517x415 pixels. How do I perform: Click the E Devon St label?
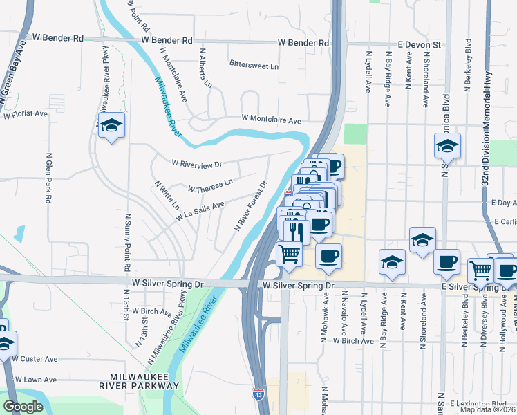coord(419,44)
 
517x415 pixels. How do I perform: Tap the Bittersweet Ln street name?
coord(254,66)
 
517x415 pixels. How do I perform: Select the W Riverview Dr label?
coord(197,164)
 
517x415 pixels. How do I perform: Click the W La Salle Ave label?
coord(200,210)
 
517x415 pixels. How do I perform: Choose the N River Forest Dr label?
coord(252,206)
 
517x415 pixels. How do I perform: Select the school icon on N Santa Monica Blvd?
coord(447,147)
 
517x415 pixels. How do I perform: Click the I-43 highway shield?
coord(257,394)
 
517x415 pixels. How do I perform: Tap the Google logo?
coord(23,406)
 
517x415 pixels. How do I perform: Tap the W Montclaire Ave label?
coord(271,120)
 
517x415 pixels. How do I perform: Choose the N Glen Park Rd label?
coord(49,177)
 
